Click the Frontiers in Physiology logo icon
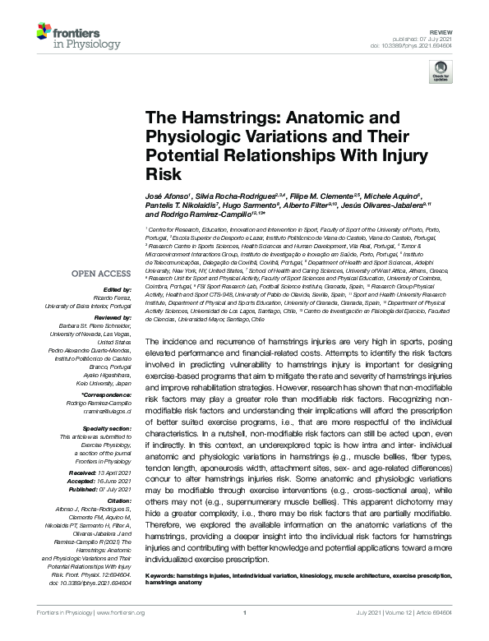46,33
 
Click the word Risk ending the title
162,174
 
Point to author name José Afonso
167,197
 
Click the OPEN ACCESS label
101,273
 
